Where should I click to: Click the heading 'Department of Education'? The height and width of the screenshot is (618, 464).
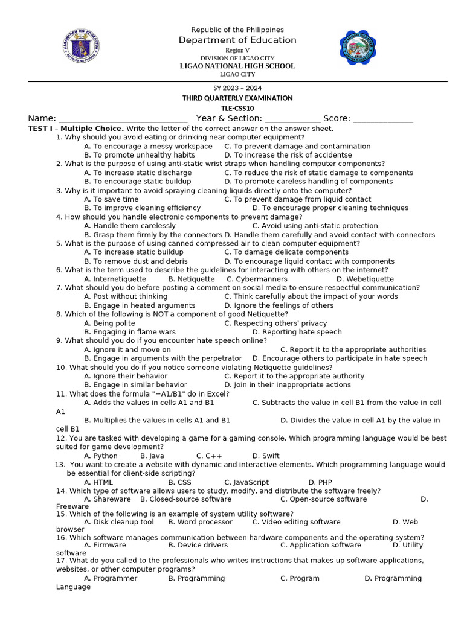(237, 40)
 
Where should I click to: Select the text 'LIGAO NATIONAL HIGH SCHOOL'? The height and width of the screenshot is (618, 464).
(237, 66)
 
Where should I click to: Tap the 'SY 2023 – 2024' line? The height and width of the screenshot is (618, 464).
(237, 88)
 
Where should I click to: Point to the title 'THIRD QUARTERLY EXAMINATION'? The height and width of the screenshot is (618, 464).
(237, 98)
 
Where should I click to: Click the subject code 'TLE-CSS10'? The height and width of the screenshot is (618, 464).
(237, 108)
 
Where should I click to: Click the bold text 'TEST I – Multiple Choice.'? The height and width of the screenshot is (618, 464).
(76, 129)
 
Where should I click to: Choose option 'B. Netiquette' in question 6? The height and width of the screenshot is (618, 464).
(191, 279)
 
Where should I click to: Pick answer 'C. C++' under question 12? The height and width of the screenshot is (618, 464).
(209, 456)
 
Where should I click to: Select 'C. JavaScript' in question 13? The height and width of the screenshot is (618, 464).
(246, 483)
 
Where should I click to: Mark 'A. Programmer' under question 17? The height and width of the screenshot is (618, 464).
(111, 578)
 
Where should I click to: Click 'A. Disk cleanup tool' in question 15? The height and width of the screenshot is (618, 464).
(119, 522)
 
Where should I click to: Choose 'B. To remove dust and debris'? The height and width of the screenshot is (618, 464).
(136, 261)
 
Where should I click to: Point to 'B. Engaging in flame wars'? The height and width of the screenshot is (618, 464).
(130, 332)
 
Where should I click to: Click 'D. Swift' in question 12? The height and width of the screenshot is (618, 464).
(266, 456)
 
